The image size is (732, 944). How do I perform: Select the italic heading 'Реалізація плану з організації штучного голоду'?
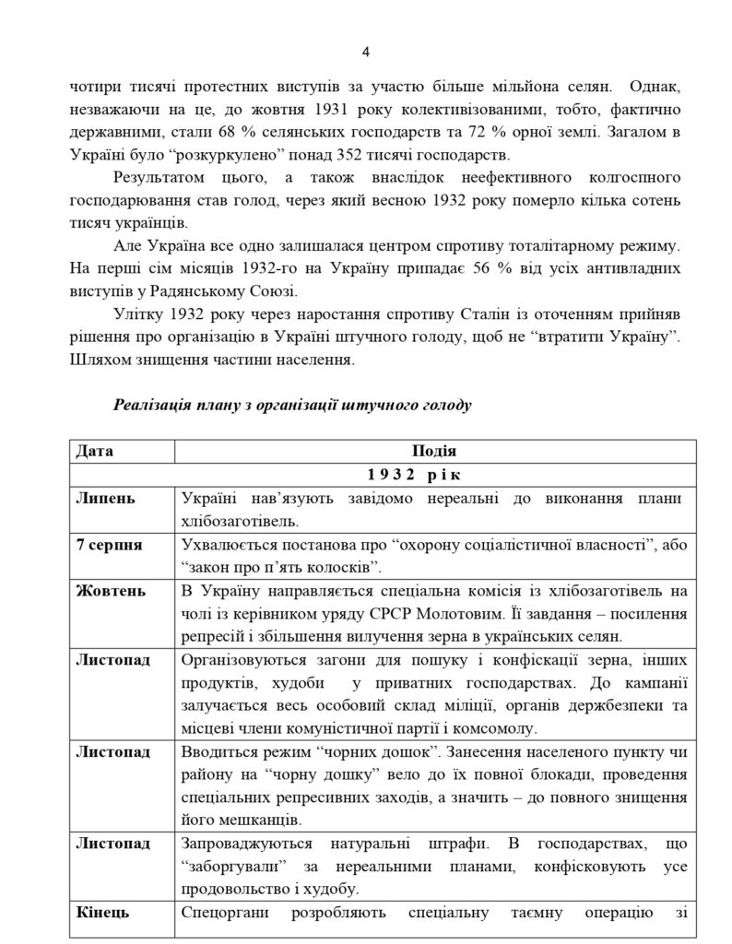[x=291, y=405]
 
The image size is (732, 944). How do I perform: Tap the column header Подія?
[x=434, y=452]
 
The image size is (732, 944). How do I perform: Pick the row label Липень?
[x=104, y=499]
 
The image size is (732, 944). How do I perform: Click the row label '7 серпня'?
[x=109, y=545]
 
